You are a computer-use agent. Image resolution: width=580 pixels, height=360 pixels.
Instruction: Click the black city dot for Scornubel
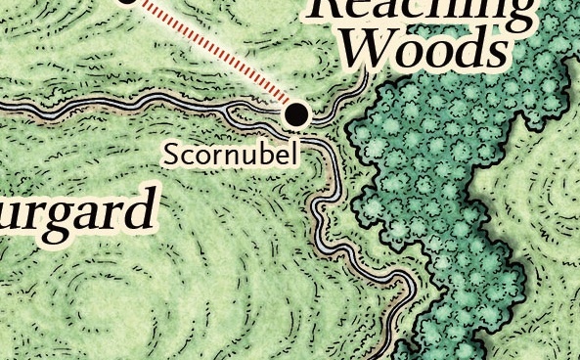click(x=296, y=114)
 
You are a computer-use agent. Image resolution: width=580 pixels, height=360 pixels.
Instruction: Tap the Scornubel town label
click(x=230, y=154)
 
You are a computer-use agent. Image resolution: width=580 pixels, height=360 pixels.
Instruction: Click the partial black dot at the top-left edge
click(x=127, y=2)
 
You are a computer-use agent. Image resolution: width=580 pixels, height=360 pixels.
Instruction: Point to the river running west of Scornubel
click(x=117, y=107)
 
